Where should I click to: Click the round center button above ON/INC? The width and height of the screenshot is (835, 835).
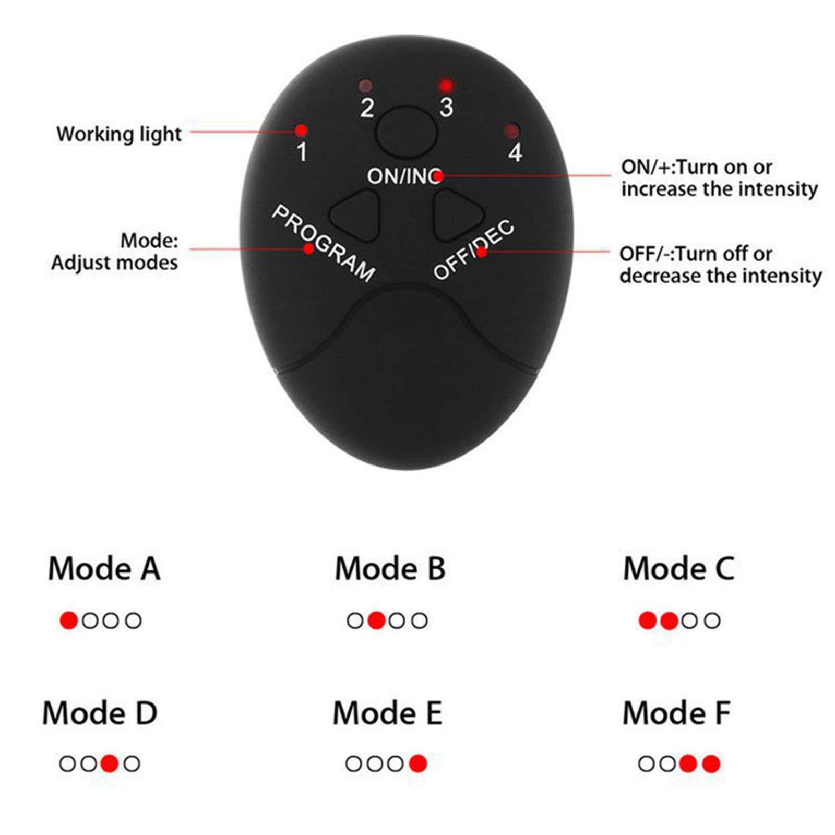[x=407, y=133]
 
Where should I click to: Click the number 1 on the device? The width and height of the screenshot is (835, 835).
[x=302, y=152]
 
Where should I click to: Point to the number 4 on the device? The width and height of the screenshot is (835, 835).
[x=515, y=152]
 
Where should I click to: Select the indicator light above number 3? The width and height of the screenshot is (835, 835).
[x=446, y=85]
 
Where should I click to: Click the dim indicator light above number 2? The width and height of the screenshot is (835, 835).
[x=366, y=86]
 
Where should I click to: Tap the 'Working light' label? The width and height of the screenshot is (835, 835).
[x=119, y=134]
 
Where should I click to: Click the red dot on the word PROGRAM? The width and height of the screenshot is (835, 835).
[x=309, y=249]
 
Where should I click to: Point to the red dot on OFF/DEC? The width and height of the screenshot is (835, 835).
[x=482, y=253]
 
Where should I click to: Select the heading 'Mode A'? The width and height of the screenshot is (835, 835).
[x=104, y=568]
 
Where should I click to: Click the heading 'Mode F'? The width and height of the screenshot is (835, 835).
[x=677, y=713]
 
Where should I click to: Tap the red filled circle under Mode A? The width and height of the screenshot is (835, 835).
[x=69, y=621]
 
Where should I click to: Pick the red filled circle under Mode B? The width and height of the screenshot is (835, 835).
[x=377, y=621]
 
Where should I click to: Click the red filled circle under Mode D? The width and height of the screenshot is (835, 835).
[x=110, y=764]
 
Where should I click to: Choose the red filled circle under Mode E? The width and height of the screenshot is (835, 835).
[x=418, y=764]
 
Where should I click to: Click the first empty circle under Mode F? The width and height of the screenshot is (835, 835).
[x=646, y=764]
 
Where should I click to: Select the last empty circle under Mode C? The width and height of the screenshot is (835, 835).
[x=712, y=621]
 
